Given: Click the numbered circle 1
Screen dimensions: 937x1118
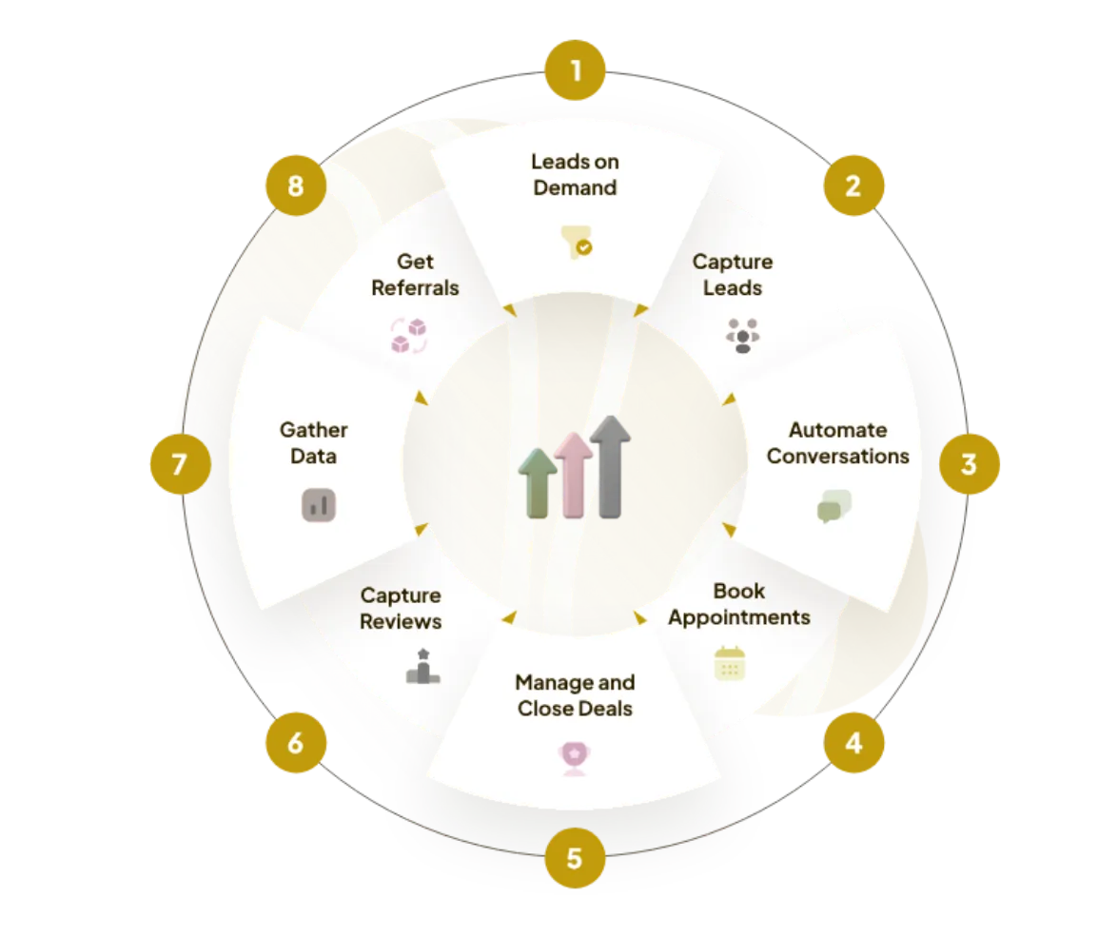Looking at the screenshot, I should [574, 69].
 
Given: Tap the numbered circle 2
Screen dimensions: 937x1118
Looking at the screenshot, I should [853, 185].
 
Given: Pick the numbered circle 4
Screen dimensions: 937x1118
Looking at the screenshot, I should [853, 742].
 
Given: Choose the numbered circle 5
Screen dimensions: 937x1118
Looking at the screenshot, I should [574, 859].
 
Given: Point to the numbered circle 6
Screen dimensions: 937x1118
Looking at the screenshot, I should [295, 742].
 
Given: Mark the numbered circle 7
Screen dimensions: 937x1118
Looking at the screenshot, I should [179, 464].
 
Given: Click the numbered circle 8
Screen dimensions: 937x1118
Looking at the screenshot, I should [295, 185].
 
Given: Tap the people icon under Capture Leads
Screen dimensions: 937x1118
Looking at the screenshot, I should [742, 336].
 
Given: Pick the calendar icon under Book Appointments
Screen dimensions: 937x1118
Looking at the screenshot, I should [730, 664].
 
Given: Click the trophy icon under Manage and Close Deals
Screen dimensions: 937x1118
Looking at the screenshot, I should [574, 758].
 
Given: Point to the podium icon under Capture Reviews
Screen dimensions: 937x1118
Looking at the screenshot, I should [422, 667].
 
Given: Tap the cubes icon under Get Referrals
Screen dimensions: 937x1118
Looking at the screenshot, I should [409, 336].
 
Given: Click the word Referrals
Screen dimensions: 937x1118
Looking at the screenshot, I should [415, 287].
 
